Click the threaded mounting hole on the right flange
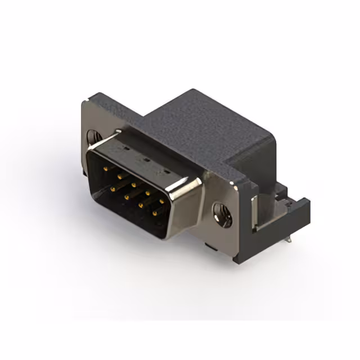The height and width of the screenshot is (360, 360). pos(222,214)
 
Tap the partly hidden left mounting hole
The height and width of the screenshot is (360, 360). pos(93,137)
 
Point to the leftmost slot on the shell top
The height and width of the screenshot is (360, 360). pos(125,149)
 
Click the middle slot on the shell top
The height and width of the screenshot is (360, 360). pos(145,160)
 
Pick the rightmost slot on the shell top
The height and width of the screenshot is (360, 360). pos(166,171)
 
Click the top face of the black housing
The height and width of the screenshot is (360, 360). pos(208,121)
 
